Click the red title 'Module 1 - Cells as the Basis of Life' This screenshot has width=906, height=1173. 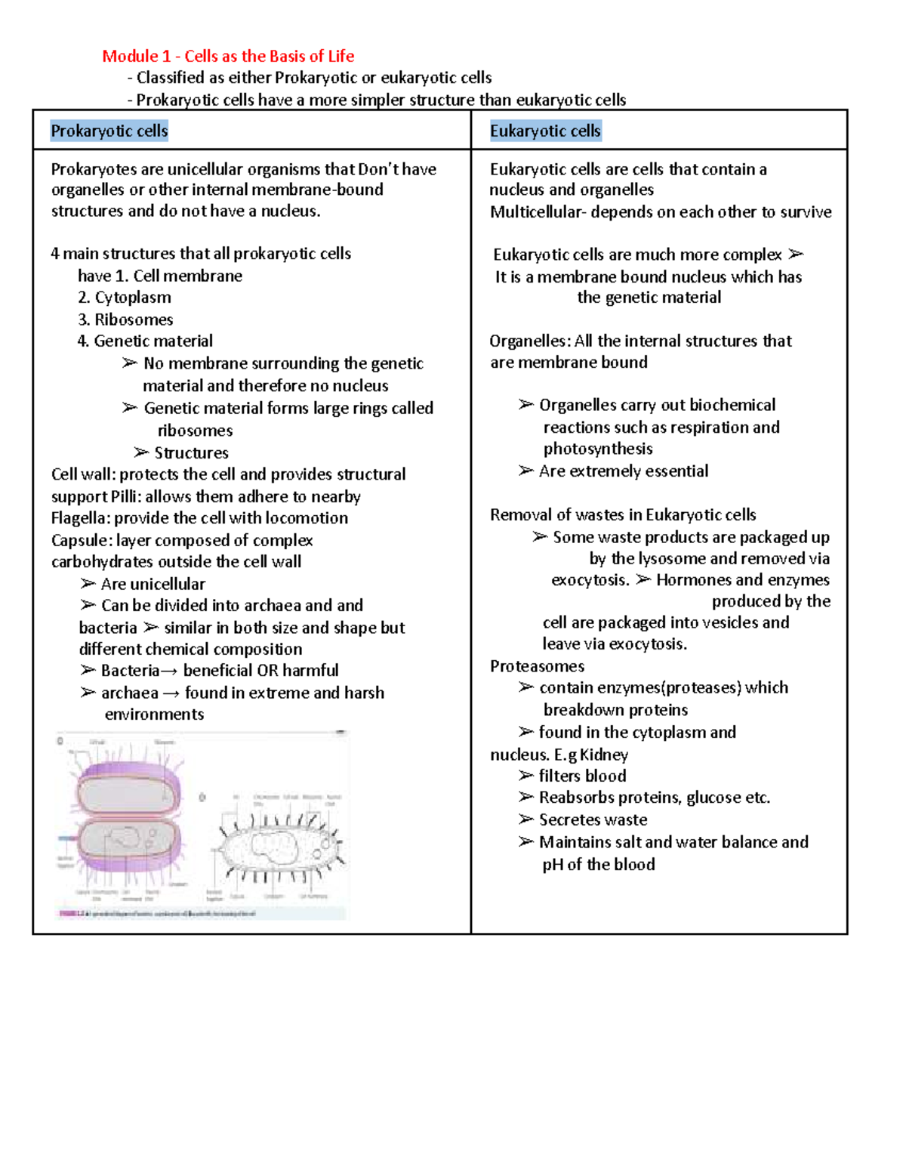pos(228,56)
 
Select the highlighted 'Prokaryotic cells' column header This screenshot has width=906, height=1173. pos(109,131)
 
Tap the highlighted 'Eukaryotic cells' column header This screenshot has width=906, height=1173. pos(545,131)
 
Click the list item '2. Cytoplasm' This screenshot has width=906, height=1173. pos(125,298)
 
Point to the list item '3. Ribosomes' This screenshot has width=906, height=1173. pos(125,319)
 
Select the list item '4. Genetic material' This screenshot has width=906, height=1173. pos(145,341)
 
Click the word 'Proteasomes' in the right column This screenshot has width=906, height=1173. pos(537,666)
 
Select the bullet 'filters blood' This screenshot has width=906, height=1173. pos(581,776)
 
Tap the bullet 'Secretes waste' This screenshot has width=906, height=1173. pos(592,820)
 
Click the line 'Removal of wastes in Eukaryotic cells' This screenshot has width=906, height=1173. pos(623,515)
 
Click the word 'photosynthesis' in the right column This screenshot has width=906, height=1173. pos(597,449)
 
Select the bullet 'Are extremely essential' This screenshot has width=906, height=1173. pos(623,471)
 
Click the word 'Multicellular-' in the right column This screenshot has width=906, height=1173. pos(538,212)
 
